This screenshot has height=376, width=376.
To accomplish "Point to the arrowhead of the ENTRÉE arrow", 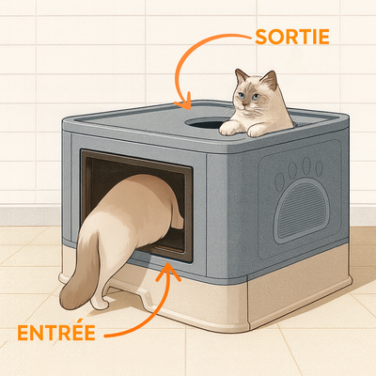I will coord(168,271).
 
